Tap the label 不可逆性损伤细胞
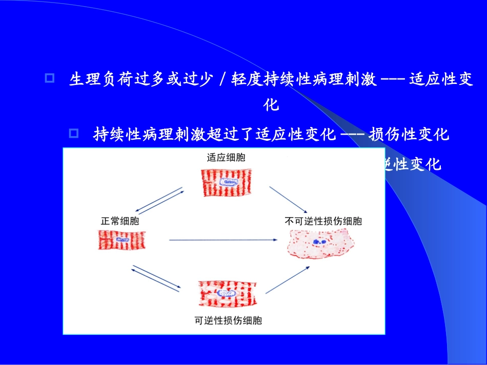323,221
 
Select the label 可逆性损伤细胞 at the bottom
228,321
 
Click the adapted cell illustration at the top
226,181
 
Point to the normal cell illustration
121,240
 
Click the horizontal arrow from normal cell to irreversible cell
224,240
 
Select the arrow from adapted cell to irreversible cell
288,199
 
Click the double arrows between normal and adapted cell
160,200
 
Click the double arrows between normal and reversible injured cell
156,278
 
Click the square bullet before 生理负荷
50,79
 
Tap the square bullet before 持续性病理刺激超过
74,134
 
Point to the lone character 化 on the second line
271,105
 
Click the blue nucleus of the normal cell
121,240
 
